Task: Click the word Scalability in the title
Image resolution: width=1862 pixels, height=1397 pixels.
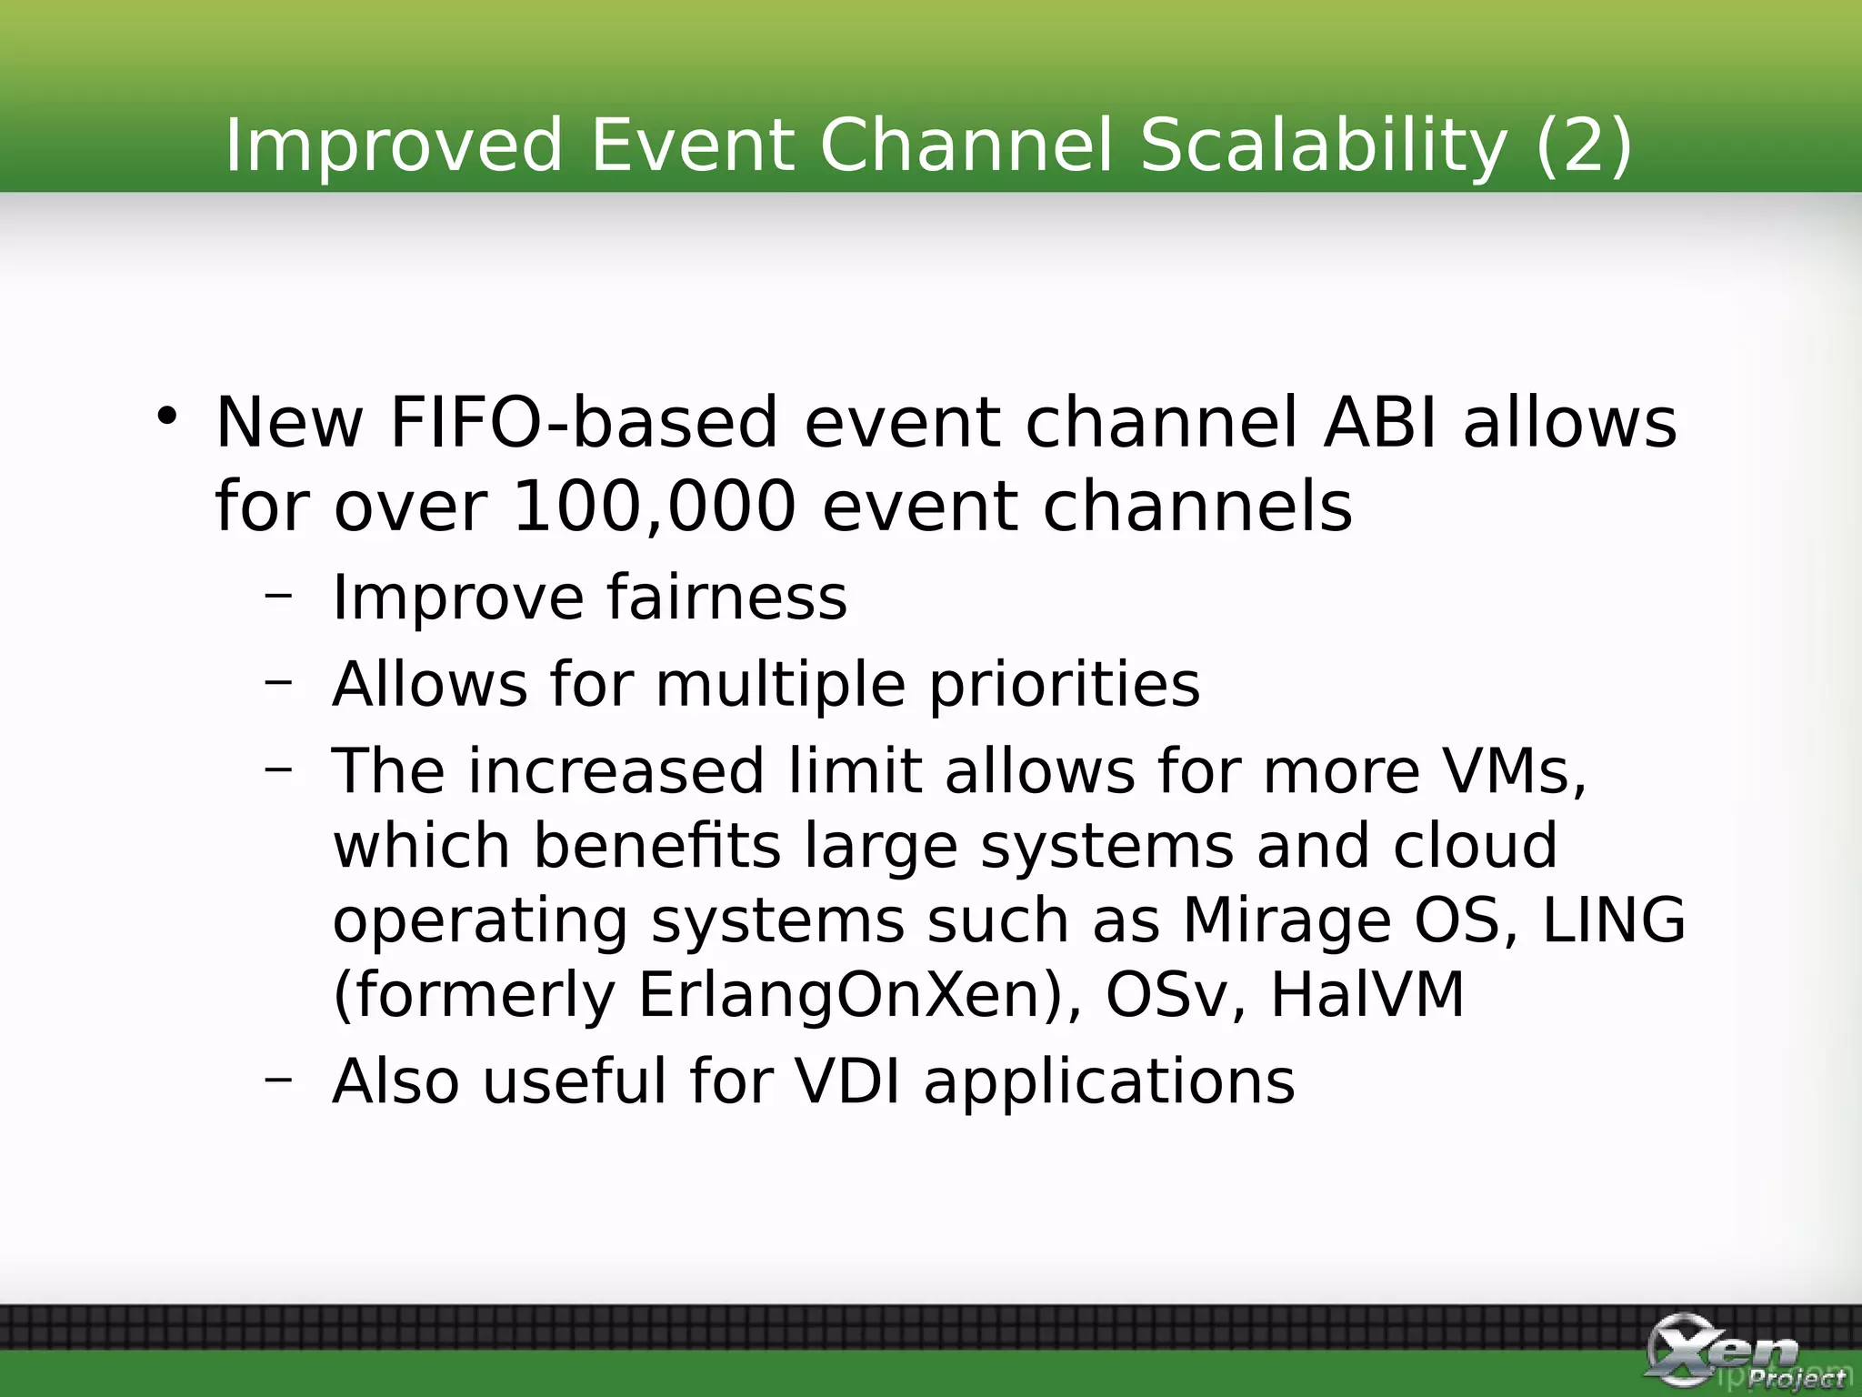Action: click(x=1323, y=146)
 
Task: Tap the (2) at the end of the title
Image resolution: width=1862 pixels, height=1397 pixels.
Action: click(x=1583, y=146)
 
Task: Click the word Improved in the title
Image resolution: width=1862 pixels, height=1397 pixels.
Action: click(x=394, y=146)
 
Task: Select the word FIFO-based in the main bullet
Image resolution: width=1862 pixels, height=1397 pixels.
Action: click(x=584, y=423)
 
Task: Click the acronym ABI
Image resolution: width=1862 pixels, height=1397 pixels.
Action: click(x=1380, y=423)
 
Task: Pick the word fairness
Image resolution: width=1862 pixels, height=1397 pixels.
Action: click(x=726, y=598)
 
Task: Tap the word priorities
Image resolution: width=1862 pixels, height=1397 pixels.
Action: click(x=1064, y=684)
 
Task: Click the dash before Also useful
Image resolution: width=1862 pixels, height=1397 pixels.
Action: click(x=279, y=1079)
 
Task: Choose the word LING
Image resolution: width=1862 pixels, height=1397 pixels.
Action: click(x=1614, y=920)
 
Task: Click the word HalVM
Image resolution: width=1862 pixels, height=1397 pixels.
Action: click(x=1367, y=995)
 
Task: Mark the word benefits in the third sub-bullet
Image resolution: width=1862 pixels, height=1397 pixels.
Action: click(x=656, y=846)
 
